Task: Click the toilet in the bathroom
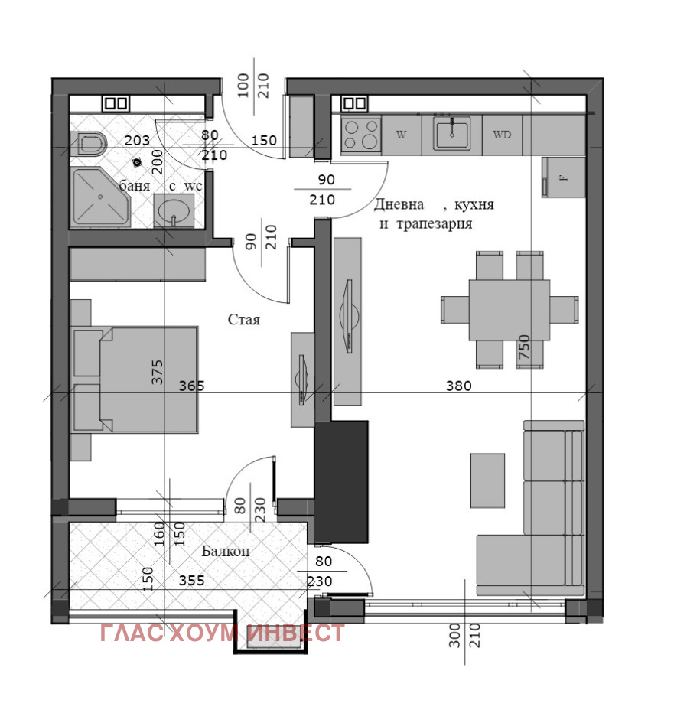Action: coord(90,143)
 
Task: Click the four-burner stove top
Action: coord(360,135)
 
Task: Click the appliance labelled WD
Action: coord(502,135)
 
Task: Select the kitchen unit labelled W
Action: coord(401,135)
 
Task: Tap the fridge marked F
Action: coord(563,177)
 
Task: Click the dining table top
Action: coord(509,309)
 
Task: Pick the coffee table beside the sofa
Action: coord(487,480)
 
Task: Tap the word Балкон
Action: coord(226,551)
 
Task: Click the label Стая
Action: coord(244,319)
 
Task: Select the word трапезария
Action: coord(434,224)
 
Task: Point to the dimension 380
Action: coord(459,386)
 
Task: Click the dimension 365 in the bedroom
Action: coord(191,386)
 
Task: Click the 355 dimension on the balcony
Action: coord(191,581)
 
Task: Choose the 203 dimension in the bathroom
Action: coord(137,140)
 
